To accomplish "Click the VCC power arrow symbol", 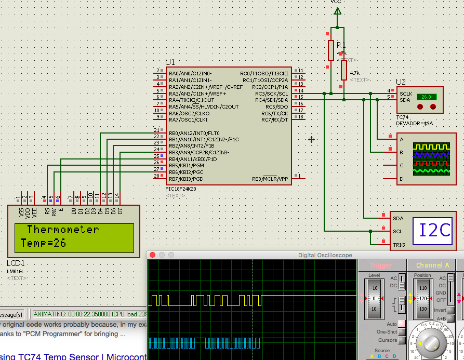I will pyautogui.click(x=337, y=10).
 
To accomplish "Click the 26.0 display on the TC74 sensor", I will pyautogui.click(x=426, y=97).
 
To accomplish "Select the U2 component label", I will pyautogui.click(x=401, y=82).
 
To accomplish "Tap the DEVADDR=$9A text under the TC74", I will pyautogui.click(x=414, y=124).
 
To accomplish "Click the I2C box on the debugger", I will pyautogui.click(x=434, y=230).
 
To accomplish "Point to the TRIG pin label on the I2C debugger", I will pyautogui.click(x=399, y=244).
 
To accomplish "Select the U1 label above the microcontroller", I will pyautogui.click(x=170, y=62).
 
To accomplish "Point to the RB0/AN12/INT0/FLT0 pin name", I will pyautogui.click(x=194, y=133).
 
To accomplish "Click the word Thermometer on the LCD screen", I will pyautogui.click(x=63, y=230).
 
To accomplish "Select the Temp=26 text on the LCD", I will pyautogui.click(x=44, y=243).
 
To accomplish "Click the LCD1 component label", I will pyautogui.click(x=16, y=263).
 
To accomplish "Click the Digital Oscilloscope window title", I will pyautogui.click(x=325, y=255).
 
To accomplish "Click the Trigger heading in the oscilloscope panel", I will pyautogui.click(x=381, y=265).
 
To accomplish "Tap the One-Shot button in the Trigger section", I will pyautogui.click(x=387, y=332).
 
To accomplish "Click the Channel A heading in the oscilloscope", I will pyautogui.click(x=432, y=265).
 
